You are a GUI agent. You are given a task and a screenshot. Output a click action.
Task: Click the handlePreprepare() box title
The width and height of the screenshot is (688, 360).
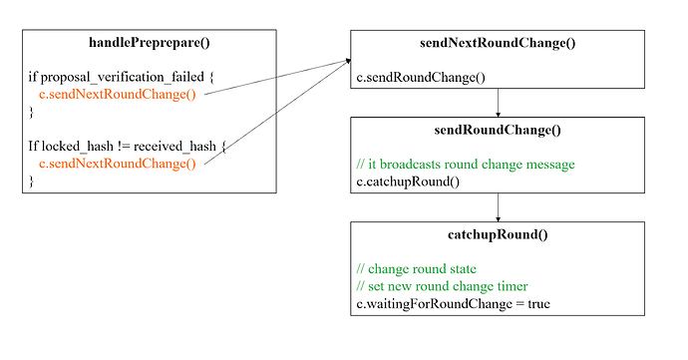coord(150,43)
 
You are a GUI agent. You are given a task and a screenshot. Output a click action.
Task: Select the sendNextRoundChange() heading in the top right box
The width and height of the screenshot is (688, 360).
coord(498,43)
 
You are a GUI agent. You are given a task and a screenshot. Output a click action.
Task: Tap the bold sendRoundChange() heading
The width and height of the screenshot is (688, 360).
coord(498,130)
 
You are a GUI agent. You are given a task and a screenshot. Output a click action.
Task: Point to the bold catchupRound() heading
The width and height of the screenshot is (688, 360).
coord(498,234)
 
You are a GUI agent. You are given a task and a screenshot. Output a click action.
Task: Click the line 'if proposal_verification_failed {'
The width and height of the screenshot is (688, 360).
coord(121,77)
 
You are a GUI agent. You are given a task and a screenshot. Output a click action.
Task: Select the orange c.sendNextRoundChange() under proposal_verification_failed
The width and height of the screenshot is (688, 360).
coord(117,95)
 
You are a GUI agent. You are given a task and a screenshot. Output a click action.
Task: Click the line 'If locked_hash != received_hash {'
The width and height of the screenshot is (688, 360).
coord(128,147)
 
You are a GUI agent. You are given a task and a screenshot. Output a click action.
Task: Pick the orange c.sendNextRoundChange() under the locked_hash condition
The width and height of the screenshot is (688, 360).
coord(117,164)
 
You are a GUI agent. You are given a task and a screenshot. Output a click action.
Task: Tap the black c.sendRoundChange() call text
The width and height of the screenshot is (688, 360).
coord(421,78)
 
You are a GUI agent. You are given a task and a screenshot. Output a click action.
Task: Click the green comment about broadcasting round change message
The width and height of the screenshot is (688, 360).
coord(466,165)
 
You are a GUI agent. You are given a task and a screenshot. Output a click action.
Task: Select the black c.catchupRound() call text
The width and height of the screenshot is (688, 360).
coord(408,181)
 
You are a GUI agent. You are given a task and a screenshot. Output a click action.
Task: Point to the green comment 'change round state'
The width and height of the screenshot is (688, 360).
coord(417,268)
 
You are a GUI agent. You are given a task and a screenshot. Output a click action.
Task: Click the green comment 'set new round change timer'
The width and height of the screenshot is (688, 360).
coord(443,286)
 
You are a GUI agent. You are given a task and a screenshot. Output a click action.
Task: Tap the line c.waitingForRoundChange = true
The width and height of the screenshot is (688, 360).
coord(454,304)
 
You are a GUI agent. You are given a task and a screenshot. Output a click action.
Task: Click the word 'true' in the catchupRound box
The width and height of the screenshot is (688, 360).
coord(538,304)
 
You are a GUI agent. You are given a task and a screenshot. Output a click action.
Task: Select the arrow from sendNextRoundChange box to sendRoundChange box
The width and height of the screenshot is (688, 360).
coord(498,103)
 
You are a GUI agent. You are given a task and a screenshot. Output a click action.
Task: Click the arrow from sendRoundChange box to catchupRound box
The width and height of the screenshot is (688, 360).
coord(498,207)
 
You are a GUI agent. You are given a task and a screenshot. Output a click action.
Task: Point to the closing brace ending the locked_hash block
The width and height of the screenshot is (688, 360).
coord(31,180)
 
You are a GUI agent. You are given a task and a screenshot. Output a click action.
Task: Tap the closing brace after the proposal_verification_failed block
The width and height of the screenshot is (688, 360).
coord(31,112)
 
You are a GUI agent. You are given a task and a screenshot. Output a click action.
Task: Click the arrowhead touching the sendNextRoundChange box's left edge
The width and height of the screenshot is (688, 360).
coord(348,61)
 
